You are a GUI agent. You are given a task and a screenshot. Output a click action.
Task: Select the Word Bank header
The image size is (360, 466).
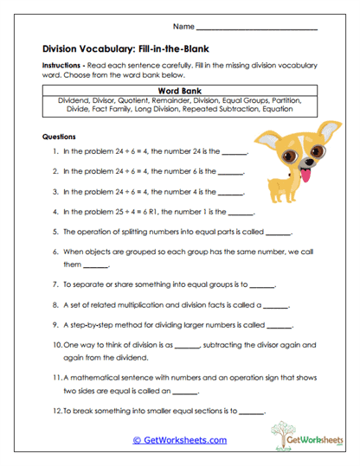[180, 90]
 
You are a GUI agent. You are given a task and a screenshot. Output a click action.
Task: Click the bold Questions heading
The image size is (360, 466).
[59, 137]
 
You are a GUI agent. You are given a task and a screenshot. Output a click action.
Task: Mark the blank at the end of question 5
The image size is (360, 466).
[279, 232]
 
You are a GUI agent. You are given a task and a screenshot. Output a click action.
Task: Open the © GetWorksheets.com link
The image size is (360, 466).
[179, 440]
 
